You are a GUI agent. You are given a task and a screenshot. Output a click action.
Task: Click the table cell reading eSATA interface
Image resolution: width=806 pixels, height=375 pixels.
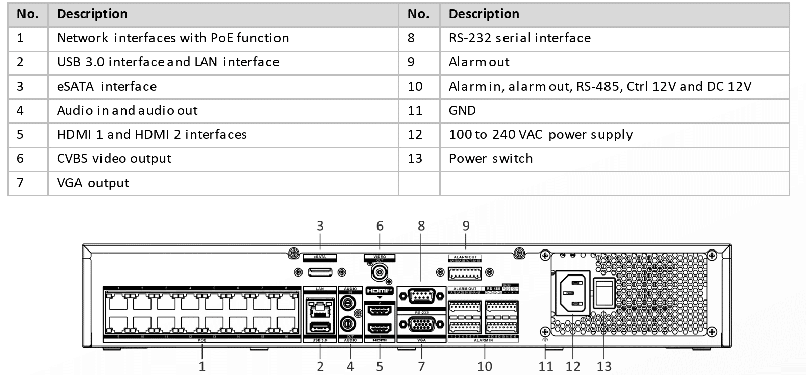(107, 86)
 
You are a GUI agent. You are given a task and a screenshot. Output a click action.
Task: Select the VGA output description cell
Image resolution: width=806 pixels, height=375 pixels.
(93, 183)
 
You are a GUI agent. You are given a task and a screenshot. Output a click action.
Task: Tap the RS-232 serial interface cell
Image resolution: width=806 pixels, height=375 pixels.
(519, 38)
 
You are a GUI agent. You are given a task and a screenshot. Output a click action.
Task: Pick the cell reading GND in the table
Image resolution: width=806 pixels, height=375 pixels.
(462, 110)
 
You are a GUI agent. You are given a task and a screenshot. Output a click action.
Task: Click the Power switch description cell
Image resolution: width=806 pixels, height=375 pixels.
(491, 158)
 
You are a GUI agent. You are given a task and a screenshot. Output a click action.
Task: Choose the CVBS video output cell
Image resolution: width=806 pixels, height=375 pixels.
(114, 158)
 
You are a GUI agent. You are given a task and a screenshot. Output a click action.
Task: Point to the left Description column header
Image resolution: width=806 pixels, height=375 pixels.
(92, 14)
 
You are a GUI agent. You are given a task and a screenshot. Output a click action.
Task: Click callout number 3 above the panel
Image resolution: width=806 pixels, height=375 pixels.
(320, 226)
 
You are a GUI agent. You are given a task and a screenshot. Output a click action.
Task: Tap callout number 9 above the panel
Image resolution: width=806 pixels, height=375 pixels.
(466, 226)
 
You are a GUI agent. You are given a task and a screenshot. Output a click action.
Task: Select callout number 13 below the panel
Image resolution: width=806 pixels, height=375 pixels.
(604, 366)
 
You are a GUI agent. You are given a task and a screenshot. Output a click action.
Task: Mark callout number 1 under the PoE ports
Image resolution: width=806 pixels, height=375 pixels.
(202, 366)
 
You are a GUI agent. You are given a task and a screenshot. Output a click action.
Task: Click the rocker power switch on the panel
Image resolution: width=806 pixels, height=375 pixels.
(605, 293)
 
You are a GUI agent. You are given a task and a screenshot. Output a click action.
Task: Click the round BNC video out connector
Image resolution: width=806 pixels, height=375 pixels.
(380, 272)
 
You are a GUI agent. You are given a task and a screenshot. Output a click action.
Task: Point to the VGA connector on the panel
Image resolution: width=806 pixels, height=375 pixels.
(421, 325)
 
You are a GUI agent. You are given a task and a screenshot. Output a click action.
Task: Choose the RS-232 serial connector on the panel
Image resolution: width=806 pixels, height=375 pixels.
(421, 295)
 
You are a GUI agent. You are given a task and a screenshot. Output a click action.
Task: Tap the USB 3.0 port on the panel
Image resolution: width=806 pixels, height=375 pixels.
(320, 327)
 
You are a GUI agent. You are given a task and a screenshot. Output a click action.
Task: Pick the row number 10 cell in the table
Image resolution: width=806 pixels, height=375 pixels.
(415, 86)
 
